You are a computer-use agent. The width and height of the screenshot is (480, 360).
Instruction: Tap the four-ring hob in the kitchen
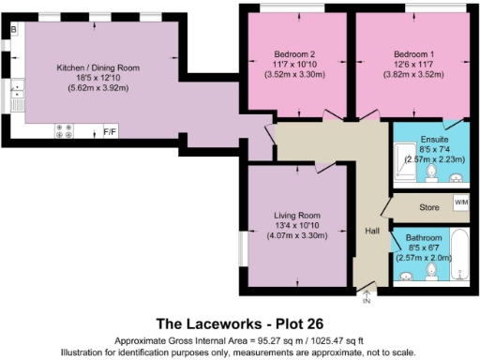click(67, 130)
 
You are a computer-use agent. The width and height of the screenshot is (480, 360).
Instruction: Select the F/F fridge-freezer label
click(110, 130)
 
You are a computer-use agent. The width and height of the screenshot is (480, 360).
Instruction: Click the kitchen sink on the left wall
click(17, 94)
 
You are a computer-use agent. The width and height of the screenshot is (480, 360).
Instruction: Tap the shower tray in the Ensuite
click(404, 165)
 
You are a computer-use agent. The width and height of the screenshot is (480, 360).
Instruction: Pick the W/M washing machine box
click(460, 202)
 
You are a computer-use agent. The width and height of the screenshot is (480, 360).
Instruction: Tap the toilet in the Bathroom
click(430, 271)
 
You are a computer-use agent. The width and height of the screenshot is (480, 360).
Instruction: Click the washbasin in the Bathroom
click(405, 275)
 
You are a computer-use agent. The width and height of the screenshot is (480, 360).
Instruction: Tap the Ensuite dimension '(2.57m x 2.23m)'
click(433, 159)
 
